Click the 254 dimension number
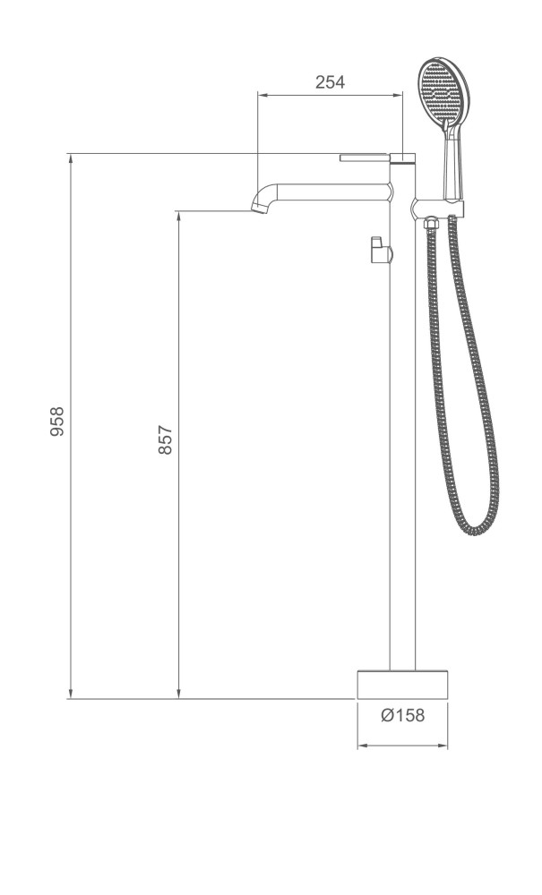pyautogui.click(x=331, y=82)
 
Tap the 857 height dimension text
pyautogui.click(x=166, y=439)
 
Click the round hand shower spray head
pyautogui.click(x=443, y=93)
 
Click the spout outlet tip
pyautogui.click(x=258, y=207)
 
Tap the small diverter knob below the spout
pyautogui.click(x=379, y=250)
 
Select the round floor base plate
pyautogui.click(x=402, y=685)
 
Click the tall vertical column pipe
pyautogui.click(x=403, y=447)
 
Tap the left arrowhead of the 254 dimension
pyautogui.click(x=262, y=93)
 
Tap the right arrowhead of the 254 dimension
pyautogui.click(x=399, y=93)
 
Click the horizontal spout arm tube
pyautogui.click(x=331, y=192)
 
